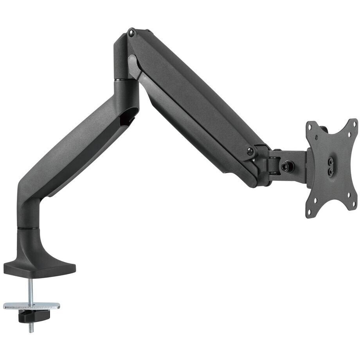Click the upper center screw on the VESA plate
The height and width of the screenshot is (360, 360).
(331, 161)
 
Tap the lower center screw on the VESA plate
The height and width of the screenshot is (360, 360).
(331, 171)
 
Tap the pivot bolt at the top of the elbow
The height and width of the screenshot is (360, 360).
(131, 33)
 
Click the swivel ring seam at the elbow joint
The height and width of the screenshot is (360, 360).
(126, 81)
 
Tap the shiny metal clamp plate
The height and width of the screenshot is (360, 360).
(31, 306)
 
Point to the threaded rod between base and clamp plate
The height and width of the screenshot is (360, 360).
(31, 288)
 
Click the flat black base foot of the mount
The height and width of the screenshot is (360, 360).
(39, 268)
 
